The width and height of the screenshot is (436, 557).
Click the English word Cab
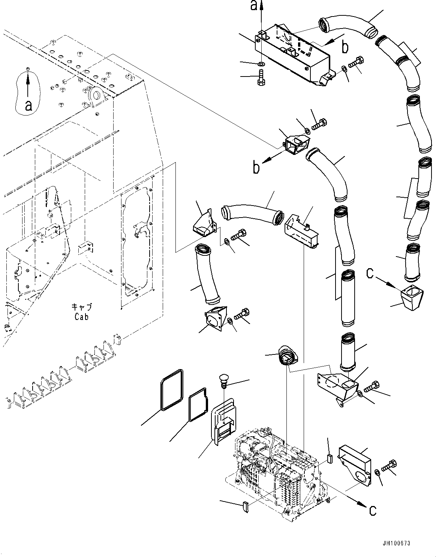[81, 317]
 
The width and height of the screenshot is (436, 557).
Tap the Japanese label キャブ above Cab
[81, 307]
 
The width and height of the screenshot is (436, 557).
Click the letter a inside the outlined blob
[28, 106]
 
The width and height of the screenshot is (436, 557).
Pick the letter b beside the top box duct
[345, 47]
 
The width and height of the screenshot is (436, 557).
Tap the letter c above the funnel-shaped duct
[370, 274]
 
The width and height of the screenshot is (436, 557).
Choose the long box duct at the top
[292, 56]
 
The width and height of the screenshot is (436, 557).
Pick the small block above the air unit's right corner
[330, 458]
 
